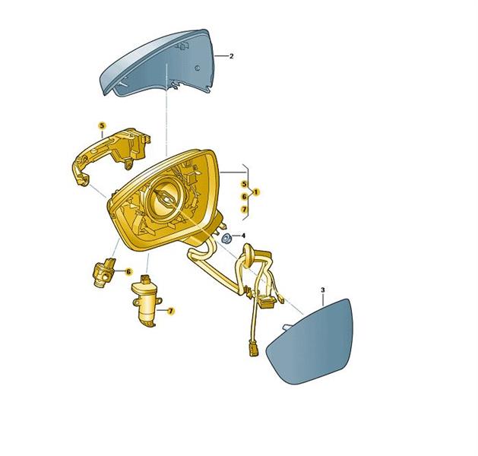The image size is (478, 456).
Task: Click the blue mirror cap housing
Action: [x=159, y=64]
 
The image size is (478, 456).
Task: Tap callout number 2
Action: [x=231, y=56]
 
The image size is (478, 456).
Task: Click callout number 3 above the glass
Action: [x=323, y=290]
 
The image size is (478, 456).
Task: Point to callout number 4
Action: [x=243, y=236]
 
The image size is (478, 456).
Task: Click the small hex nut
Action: [x=226, y=239]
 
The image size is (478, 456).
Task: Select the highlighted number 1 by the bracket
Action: [x=256, y=192]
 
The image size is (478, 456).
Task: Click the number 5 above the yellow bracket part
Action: [x=102, y=125]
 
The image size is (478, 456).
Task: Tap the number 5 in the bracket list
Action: [x=244, y=184]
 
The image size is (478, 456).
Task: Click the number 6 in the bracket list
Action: [x=244, y=197]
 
